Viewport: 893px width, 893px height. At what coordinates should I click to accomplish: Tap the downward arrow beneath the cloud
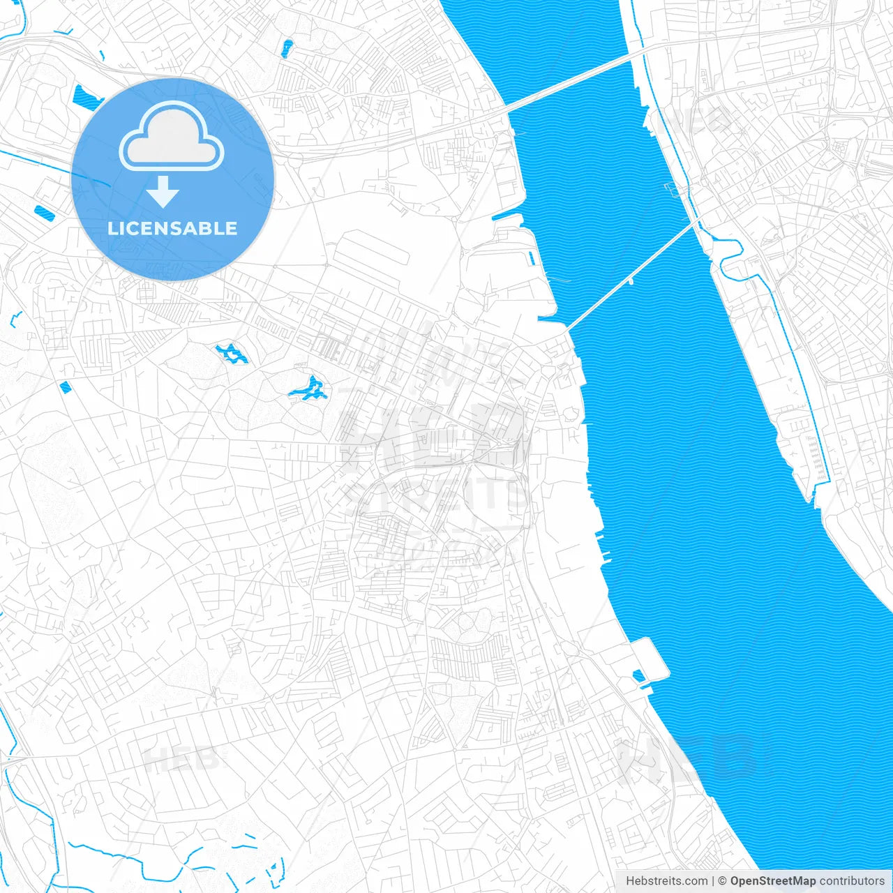163,192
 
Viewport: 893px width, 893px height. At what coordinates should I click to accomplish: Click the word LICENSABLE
172,228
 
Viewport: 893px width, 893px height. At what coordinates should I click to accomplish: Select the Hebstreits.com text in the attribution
666,881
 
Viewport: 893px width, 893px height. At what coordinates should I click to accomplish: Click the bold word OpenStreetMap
772,881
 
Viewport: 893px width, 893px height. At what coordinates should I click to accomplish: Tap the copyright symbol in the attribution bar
723,881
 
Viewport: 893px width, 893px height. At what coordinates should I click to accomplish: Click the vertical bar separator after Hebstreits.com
713,881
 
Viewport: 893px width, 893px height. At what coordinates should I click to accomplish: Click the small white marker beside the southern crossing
630,282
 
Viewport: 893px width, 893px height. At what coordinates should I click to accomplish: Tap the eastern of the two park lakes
309,389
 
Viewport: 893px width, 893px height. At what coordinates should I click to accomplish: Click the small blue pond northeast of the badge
287,48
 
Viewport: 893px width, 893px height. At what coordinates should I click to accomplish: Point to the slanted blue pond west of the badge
43,211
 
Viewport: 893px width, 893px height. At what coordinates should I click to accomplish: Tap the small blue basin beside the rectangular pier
638,675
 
